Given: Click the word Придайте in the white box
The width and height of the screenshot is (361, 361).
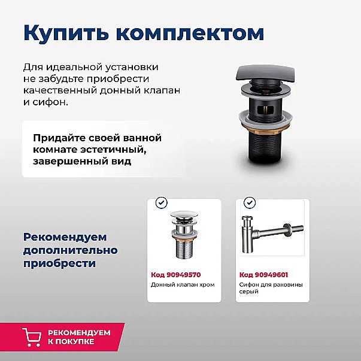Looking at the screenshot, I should click(59, 138).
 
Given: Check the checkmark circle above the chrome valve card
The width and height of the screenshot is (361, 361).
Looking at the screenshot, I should click(161, 203).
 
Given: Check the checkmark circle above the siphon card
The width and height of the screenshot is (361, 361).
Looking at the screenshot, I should click(249, 203).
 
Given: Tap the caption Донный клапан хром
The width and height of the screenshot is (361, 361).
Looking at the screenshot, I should click(183, 285).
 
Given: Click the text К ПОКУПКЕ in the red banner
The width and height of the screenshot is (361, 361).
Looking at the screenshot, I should click(71, 341).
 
